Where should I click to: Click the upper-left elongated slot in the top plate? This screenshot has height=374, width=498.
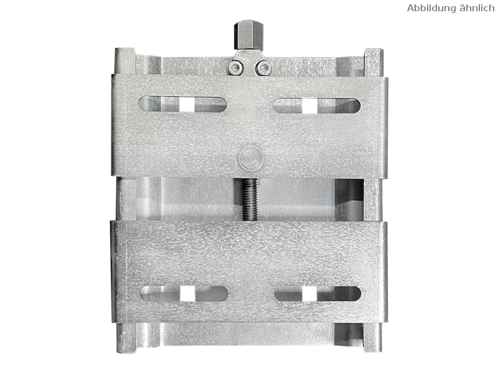(x=182, y=104)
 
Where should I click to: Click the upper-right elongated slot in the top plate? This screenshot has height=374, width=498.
(x=317, y=105)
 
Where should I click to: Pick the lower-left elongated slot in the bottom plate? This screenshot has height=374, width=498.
(x=184, y=294)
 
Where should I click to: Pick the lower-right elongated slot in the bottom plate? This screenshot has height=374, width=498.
(x=318, y=294)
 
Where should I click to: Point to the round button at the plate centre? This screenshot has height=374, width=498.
(x=250, y=158)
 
